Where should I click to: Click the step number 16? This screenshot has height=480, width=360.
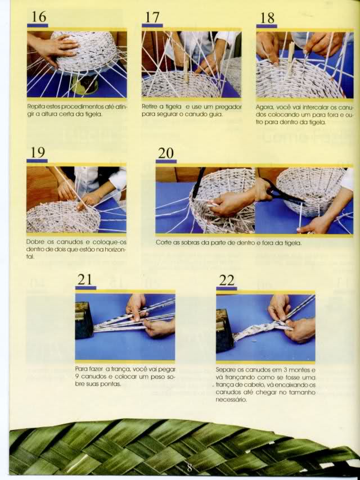coord(39,16)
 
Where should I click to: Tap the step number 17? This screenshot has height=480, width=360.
coord(152,17)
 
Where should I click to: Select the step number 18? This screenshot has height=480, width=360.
coord(267,18)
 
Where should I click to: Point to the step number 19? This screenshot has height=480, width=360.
coord(38,152)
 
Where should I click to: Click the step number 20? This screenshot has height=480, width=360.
coord(166,153)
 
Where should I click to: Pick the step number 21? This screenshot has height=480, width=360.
coord(84,279)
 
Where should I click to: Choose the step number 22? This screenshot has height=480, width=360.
coord(227,280)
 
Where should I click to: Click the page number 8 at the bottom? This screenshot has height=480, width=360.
coord(190,468)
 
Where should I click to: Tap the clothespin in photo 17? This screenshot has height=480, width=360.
coord(186,71)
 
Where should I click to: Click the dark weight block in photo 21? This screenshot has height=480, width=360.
coord(84,320)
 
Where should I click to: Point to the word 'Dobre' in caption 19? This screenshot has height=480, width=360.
coord(34,242)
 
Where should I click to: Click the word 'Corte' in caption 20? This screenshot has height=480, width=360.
coord(163,243)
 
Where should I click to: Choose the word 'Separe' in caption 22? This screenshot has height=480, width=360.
coord(224,369)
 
